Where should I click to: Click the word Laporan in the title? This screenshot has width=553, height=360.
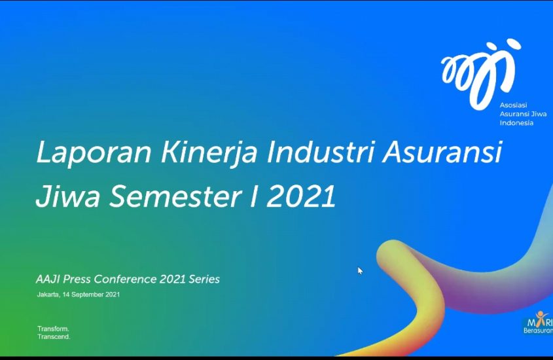[94, 153]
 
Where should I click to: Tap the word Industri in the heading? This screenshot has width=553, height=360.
[320, 153]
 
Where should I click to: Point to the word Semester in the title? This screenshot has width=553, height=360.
[175, 196]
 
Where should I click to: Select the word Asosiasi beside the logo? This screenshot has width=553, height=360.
[513, 105]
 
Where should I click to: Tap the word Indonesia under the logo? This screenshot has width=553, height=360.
[516, 122]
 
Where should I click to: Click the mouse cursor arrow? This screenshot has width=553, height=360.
[360, 270]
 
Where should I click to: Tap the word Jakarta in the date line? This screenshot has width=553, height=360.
[48, 295]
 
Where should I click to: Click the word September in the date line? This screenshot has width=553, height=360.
[88, 295]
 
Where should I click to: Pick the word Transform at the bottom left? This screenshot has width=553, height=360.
[53, 329]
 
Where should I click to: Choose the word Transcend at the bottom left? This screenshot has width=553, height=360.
[54, 336]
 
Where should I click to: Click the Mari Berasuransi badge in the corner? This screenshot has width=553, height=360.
[538, 323]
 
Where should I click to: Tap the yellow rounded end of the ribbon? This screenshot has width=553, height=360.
[391, 255]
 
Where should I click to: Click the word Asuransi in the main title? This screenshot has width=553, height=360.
[442, 153]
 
